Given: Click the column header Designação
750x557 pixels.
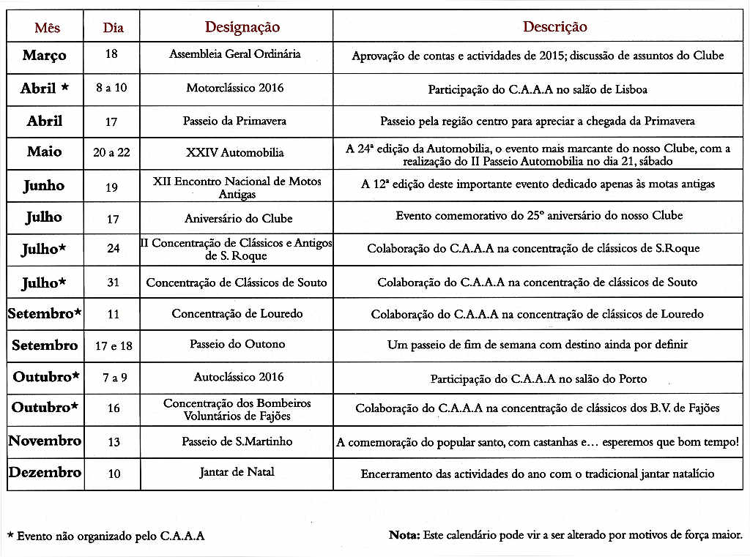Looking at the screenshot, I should [x=242, y=27].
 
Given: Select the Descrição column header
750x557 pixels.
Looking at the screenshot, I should [x=554, y=27].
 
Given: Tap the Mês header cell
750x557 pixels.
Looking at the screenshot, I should [x=47, y=28].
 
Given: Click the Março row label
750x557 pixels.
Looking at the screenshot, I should [x=44, y=56].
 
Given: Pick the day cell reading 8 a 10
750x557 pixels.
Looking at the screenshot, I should [x=111, y=88].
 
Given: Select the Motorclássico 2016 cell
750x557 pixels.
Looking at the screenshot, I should [x=235, y=88].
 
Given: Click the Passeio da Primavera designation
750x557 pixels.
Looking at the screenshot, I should [x=234, y=121].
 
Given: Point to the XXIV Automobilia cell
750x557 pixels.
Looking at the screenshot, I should [x=234, y=153].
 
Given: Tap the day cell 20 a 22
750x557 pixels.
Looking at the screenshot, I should [x=111, y=153].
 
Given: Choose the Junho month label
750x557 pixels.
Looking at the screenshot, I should [x=43, y=186].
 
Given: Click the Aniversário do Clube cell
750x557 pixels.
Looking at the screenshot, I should [x=238, y=218].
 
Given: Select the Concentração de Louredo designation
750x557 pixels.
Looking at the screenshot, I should [x=237, y=313].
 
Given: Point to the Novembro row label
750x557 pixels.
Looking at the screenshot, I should [x=45, y=441].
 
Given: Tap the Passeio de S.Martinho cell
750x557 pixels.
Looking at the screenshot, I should [x=237, y=441].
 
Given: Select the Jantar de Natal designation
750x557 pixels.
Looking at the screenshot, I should [x=237, y=472].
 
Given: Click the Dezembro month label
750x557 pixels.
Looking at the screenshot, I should [x=45, y=473].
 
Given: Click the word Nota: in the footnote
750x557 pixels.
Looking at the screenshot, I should [x=404, y=535].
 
